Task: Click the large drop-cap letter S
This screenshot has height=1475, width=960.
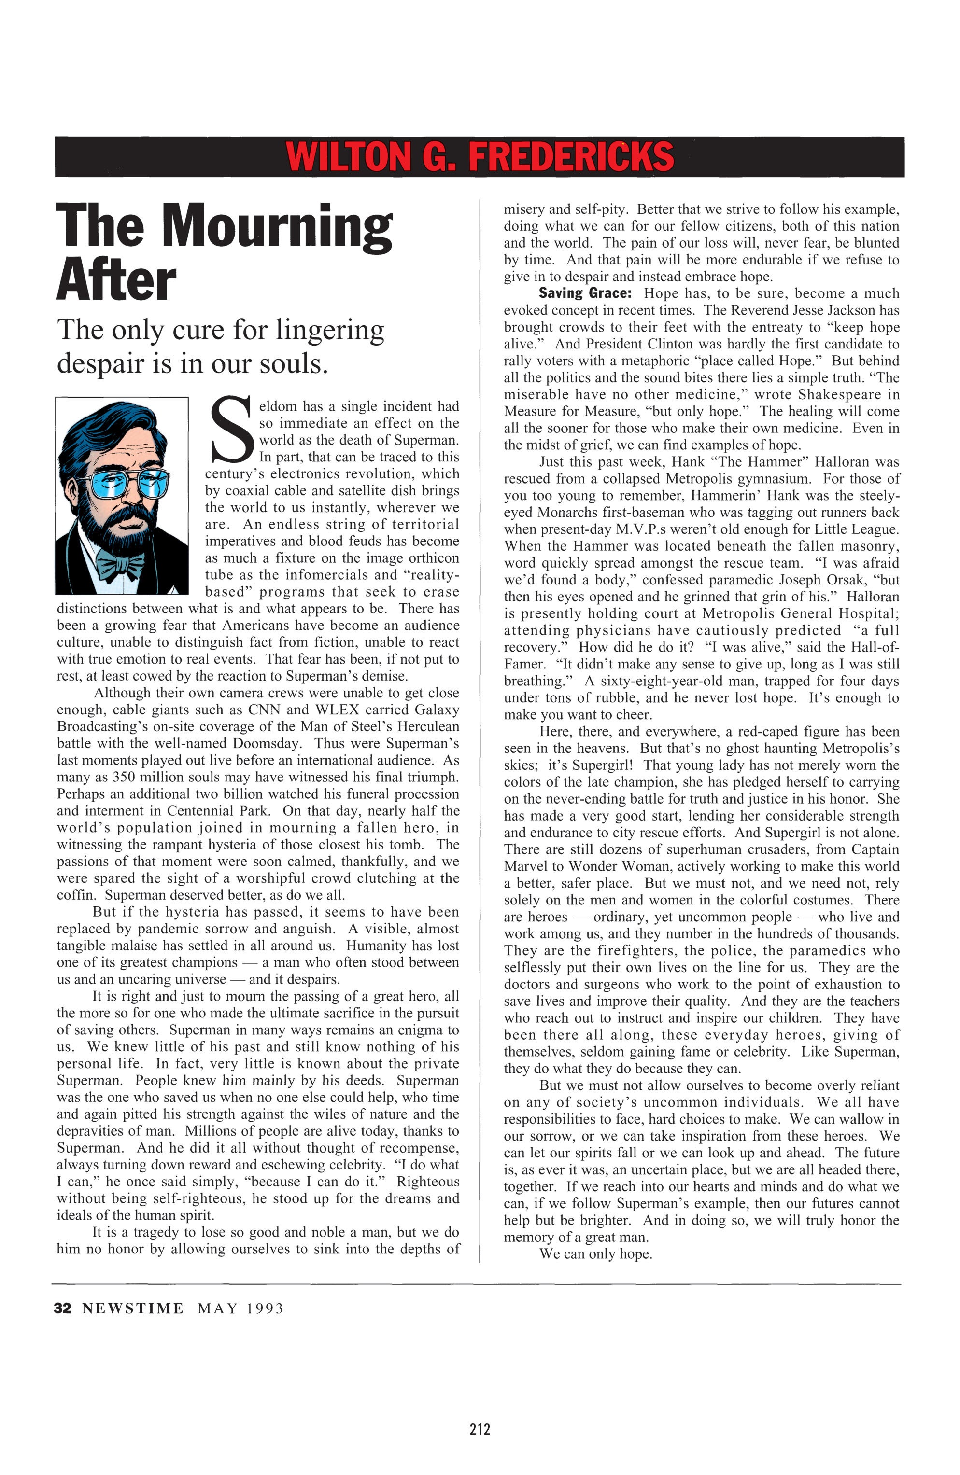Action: [231, 430]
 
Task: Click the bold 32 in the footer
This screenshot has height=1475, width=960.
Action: [63, 1308]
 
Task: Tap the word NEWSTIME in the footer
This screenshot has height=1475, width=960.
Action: [133, 1308]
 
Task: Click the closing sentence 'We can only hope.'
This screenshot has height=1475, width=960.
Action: [595, 1254]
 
